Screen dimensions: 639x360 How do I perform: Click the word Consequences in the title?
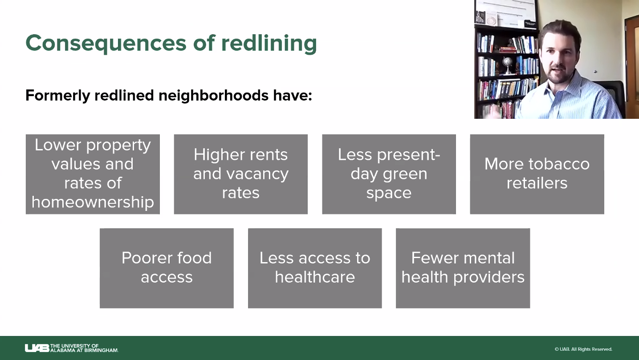tap(106, 43)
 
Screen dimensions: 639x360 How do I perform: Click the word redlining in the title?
tap(269, 44)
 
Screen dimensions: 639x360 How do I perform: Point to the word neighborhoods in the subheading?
tap(213, 95)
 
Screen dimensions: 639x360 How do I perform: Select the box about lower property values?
tap(93, 174)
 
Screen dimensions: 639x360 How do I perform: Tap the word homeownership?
tap(93, 202)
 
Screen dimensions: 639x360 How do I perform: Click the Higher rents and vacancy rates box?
tap(241, 174)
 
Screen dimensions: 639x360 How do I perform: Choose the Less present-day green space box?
tap(389, 174)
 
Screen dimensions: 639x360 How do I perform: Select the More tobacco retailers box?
tap(537, 174)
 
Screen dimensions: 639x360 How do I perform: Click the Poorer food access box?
tap(167, 268)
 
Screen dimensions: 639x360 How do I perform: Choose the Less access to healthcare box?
tap(315, 268)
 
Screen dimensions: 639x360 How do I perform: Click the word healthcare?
tap(315, 277)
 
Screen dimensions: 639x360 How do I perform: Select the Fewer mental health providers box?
tap(463, 268)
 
